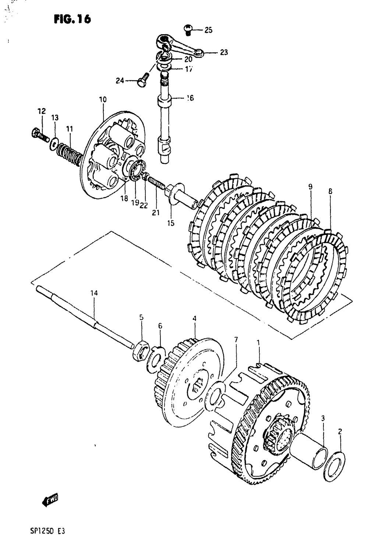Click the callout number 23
(224, 53)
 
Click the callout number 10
(103, 99)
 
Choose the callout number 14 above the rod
(94, 293)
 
